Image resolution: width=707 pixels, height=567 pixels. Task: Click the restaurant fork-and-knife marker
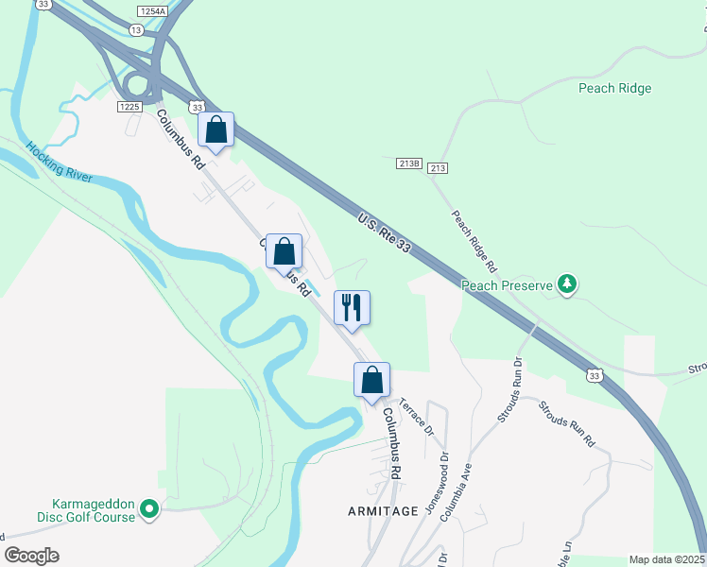click(x=352, y=307)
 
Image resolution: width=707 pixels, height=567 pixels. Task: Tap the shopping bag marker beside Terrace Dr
click(x=372, y=380)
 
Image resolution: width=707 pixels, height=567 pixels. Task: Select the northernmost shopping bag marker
click(x=216, y=129)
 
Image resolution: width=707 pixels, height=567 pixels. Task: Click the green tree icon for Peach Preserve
click(x=567, y=283)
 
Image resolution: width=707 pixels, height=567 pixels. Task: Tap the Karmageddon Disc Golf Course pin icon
click(x=149, y=509)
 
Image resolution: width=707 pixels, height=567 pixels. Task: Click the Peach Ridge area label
click(x=615, y=88)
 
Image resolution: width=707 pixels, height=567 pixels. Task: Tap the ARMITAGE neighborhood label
click(x=382, y=510)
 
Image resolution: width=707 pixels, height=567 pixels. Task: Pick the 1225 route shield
click(x=129, y=107)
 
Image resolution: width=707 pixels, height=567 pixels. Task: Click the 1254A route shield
click(x=150, y=10)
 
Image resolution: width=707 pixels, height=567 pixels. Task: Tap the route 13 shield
click(x=137, y=30)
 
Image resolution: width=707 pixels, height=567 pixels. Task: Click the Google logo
click(x=31, y=555)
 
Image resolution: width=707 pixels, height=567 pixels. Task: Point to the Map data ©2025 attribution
click(x=667, y=559)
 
